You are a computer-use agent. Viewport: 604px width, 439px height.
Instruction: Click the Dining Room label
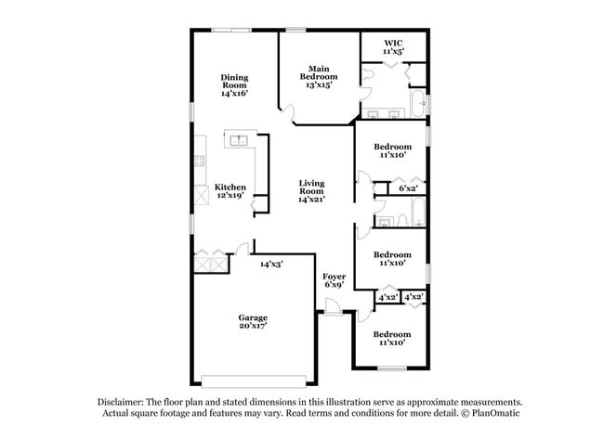pos(234,81)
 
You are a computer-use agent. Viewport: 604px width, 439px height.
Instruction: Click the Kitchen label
pos(230,187)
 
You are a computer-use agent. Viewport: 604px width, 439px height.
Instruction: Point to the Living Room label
pos(312,187)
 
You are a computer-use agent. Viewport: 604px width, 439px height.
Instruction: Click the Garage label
pos(253,318)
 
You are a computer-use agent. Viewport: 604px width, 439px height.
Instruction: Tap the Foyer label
pos(335,277)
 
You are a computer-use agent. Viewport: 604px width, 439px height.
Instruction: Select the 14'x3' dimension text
pos(270,265)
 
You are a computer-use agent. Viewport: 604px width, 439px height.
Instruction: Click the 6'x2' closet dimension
pos(408,188)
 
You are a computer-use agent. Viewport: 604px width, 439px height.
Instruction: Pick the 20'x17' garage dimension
pos(253,328)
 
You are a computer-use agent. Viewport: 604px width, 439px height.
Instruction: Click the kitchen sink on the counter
pos(239,141)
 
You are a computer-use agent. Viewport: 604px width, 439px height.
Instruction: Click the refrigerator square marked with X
pos(201,196)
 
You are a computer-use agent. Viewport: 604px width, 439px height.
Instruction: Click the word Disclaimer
pos(121,401)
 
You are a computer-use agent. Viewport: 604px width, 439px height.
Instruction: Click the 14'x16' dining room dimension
pos(234,94)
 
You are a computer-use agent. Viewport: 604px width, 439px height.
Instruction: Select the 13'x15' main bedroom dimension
pos(319,84)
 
